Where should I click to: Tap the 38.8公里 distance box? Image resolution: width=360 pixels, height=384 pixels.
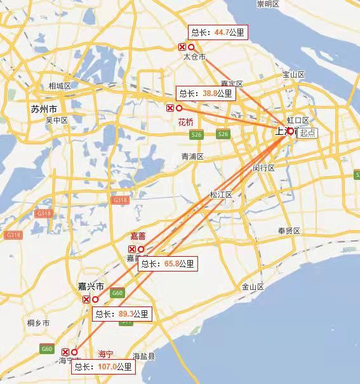(206, 93)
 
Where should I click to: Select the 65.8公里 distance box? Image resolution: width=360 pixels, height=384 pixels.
(168, 264)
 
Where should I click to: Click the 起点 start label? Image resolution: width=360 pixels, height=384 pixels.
(308, 133)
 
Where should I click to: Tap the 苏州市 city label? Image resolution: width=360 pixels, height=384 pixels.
(44, 109)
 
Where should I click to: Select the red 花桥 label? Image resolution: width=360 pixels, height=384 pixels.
(185, 122)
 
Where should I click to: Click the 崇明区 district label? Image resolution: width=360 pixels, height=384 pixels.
(268, 4)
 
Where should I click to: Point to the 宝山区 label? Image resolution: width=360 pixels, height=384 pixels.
(293, 75)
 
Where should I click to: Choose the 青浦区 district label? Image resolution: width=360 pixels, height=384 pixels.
(192, 156)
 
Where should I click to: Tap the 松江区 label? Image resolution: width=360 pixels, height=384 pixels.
(222, 195)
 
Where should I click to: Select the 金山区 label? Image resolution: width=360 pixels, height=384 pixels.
(252, 287)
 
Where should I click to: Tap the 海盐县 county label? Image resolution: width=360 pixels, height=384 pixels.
(143, 356)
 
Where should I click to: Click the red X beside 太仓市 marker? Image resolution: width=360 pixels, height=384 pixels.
(182, 48)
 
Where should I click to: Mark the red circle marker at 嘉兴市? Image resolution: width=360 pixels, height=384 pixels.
(95, 299)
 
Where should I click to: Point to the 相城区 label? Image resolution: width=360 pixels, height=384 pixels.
(60, 86)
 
